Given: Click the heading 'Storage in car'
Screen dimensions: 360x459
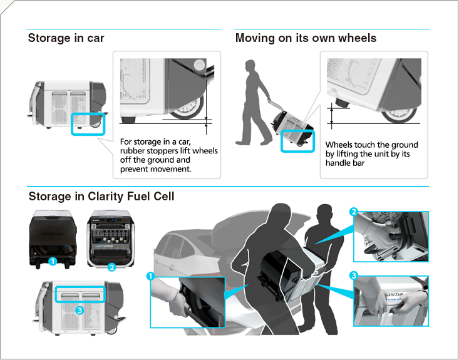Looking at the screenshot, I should point(66,38).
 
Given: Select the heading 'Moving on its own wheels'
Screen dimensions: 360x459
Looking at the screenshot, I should point(306,38).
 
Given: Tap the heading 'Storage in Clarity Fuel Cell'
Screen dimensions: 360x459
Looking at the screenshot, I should point(101,197).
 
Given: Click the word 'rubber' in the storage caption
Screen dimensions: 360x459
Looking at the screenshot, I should point(133,151).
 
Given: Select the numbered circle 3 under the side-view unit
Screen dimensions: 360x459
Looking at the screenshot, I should point(79,309).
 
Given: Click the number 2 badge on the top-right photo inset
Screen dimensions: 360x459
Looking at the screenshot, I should point(354,212).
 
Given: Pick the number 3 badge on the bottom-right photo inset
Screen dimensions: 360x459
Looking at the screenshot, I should point(354,276).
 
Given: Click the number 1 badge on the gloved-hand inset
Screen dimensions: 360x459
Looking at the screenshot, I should point(150,276).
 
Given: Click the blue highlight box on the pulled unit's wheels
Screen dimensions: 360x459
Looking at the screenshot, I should point(297,141).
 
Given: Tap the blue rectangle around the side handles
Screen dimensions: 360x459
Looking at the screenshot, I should point(80,293).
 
